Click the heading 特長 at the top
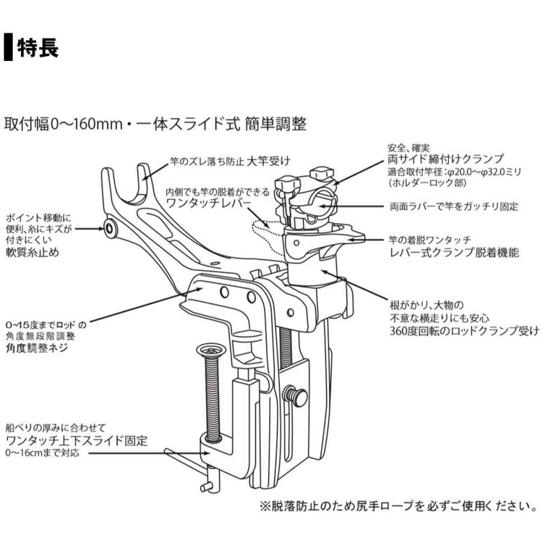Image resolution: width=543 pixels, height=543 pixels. pyautogui.click(x=37, y=48)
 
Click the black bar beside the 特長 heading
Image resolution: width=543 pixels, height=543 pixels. pyautogui.click(x=8, y=48)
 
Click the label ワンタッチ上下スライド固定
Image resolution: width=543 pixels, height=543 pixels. pyautogui.click(x=76, y=440)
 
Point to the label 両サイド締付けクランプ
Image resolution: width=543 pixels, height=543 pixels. pyautogui.click(x=445, y=160)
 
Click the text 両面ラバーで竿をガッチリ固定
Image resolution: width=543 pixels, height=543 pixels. pyautogui.click(x=454, y=206)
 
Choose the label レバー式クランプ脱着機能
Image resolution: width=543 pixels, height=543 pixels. pyautogui.click(x=454, y=253)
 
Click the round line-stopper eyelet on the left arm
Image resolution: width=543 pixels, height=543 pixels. pyautogui.click(x=109, y=228)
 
